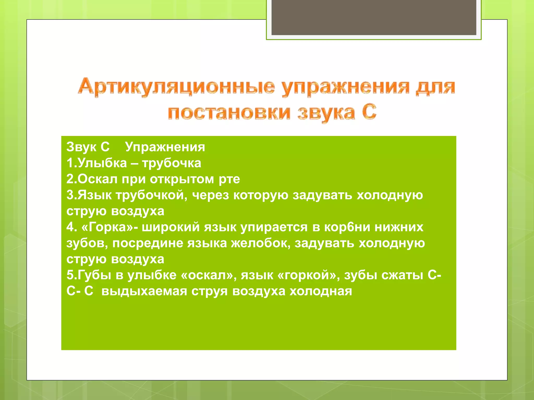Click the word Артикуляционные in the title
pyautogui.click(x=176, y=87)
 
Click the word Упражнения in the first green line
pyautogui.click(x=165, y=147)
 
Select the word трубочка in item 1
pyautogui.click(x=172, y=163)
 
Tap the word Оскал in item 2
pyautogui.click(x=98, y=179)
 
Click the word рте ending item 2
pyautogui.click(x=229, y=179)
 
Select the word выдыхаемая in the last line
pyautogui.click(x=144, y=291)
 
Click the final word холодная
pyautogui.click(x=321, y=291)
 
